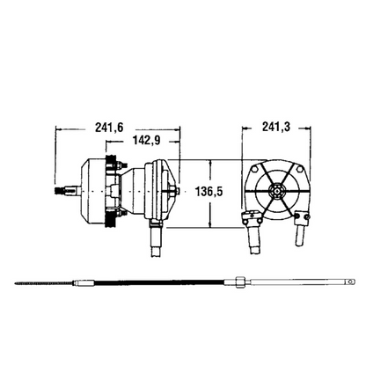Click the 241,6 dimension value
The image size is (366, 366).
(109, 127)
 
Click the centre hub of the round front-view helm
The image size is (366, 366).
(275, 189)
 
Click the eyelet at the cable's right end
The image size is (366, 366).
(349, 282)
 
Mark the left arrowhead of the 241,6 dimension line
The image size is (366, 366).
(58, 134)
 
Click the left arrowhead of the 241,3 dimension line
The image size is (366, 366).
(244, 134)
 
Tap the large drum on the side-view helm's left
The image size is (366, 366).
(88, 191)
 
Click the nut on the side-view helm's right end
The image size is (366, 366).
(179, 191)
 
